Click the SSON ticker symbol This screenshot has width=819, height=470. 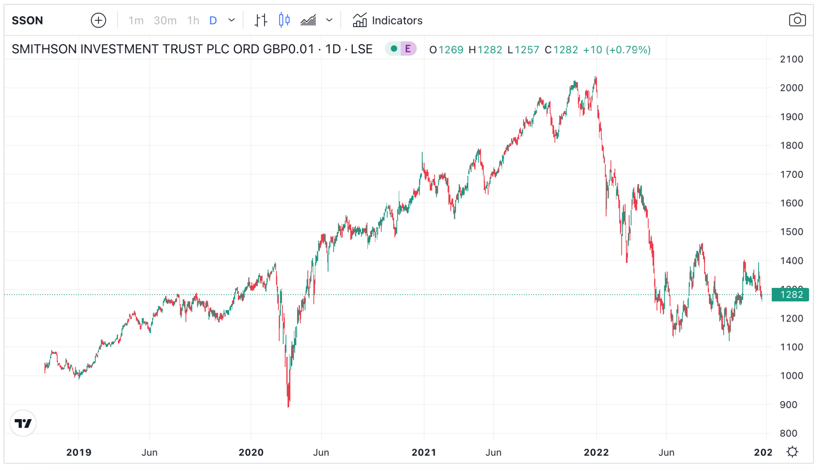[x=27, y=20]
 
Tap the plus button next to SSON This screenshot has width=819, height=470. [x=98, y=20]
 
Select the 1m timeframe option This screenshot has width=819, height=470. [x=136, y=20]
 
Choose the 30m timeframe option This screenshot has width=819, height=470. [x=165, y=20]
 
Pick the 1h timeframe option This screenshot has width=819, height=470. [x=193, y=20]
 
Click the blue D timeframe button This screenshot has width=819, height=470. [x=213, y=20]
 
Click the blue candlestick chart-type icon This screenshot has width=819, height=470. [x=284, y=20]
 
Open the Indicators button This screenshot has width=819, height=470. [x=388, y=20]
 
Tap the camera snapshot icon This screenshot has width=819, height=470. [x=797, y=20]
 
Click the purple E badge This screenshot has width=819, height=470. [x=408, y=49]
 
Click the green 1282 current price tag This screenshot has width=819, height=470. [x=791, y=295]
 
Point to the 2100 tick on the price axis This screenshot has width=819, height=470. [x=791, y=59]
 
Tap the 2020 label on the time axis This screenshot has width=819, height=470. [x=251, y=452]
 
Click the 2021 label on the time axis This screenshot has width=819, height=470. [x=424, y=452]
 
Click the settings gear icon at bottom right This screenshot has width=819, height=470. [x=792, y=452]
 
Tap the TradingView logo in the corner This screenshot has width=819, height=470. [x=23, y=423]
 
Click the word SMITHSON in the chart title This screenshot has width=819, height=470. [x=44, y=49]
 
